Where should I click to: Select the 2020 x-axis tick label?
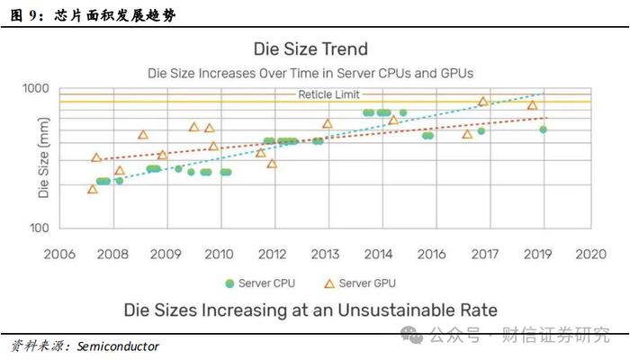(591, 254)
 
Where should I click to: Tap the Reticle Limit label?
(328, 94)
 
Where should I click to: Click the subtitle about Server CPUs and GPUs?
(310, 71)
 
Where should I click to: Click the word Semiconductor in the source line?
(118, 346)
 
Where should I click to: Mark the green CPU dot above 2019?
(543, 130)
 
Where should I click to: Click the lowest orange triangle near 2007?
(93, 189)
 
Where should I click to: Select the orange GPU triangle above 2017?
(482, 102)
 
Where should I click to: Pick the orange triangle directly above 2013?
(327, 124)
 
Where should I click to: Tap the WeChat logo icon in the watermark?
(413, 335)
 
